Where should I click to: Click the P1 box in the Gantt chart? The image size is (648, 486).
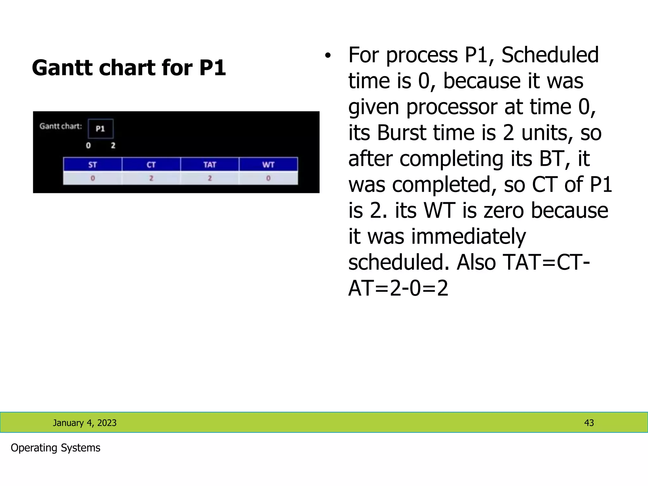100,128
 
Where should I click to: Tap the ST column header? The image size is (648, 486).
92,165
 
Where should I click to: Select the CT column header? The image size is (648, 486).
151,165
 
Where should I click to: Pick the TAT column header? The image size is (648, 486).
210,165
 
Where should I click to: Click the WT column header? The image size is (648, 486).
268,165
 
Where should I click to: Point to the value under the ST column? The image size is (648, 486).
92,178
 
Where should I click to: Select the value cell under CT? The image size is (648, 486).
151,178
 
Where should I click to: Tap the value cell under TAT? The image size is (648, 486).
210,178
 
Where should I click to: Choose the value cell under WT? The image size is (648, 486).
268,178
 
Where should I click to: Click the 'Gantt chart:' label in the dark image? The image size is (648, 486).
61,126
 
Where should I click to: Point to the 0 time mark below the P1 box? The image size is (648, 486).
88,146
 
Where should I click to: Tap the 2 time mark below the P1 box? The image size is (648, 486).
113,146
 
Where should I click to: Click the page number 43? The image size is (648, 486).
589,423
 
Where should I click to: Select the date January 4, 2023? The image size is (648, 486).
84,423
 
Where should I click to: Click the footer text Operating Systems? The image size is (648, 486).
55,448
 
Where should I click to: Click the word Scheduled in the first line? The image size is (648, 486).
550,55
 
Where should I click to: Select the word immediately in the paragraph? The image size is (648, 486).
468,236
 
